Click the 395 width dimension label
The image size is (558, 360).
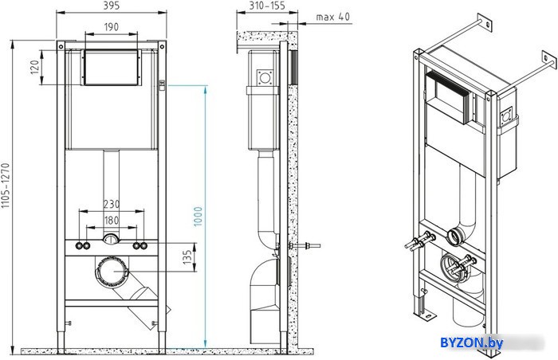112,6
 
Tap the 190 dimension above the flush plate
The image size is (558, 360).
112,27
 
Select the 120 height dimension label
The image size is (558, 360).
34,67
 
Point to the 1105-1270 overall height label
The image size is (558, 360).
6,186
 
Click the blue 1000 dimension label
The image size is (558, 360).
198,217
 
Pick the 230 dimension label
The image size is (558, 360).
112,204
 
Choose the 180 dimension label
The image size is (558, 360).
112,221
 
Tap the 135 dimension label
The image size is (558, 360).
187,257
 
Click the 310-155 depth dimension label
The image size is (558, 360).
267,6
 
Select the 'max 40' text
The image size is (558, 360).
332,17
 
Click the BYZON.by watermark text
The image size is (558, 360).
472,343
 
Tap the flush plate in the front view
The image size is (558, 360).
112,68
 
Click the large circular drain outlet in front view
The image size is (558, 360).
112,272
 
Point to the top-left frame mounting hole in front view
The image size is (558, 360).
61,47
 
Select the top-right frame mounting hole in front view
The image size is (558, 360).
162,47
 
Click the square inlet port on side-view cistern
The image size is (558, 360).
265,77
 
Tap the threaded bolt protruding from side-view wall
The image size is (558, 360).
305,245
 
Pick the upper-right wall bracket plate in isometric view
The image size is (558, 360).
548,61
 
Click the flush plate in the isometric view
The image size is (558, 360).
448,96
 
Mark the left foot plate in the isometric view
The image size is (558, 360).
426,316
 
